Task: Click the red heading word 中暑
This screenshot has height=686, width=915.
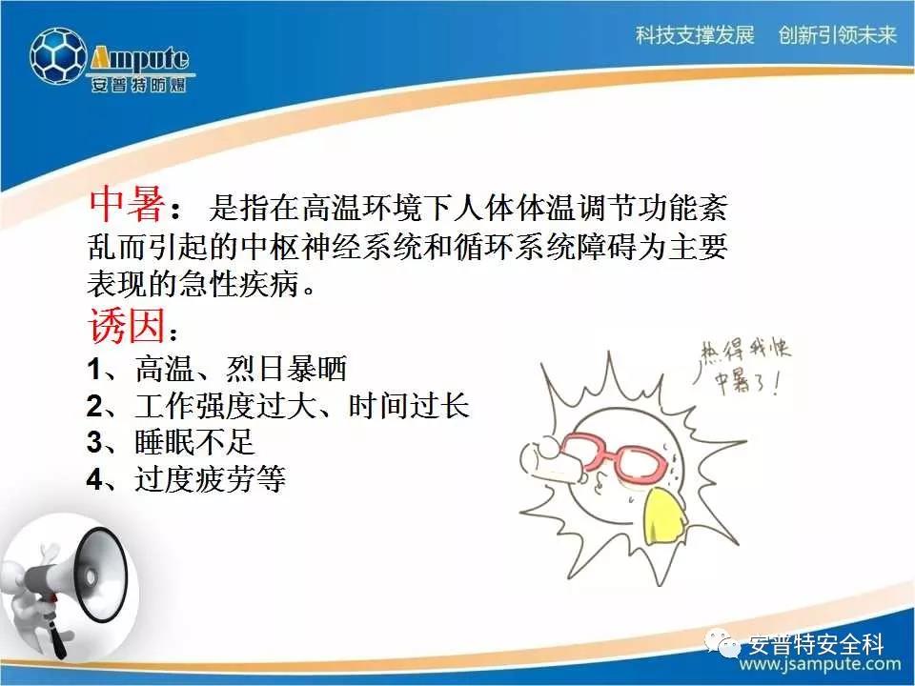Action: tap(127, 205)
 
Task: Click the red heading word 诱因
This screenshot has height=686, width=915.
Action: tap(127, 325)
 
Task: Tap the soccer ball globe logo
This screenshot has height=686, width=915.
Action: tap(58, 56)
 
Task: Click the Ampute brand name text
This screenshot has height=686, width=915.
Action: tap(140, 59)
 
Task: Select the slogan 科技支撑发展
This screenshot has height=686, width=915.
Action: tap(695, 35)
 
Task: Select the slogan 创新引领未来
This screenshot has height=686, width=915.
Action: tap(838, 35)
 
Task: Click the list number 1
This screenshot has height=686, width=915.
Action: tap(94, 370)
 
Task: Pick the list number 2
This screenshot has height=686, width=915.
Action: tap(94, 406)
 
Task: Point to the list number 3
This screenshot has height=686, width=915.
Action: tap(94, 442)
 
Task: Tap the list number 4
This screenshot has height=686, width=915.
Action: tap(94, 479)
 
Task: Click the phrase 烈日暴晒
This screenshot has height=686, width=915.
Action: tap(287, 369)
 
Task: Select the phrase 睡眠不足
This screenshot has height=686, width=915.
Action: tap(194, 441)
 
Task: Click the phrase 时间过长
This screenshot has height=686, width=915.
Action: tap(409, 406)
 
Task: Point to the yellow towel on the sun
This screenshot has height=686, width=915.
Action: tap(665, 516)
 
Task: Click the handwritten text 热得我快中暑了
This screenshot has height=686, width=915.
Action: tap(745, 366)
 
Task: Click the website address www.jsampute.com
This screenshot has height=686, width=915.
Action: tap(820, 664)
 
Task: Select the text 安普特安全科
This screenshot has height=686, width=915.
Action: tap(817, 644)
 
